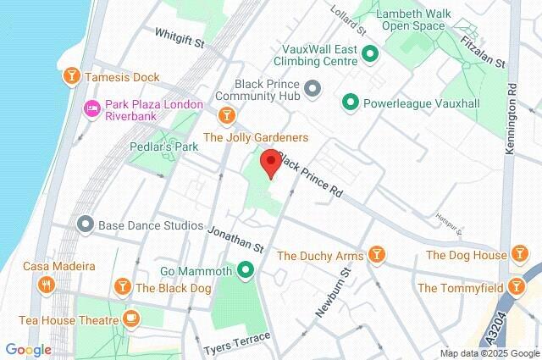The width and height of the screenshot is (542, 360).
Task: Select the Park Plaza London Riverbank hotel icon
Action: (92, 108)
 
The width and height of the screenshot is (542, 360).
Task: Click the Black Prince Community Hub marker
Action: (311, 88)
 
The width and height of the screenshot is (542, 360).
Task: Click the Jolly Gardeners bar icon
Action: (226, 114)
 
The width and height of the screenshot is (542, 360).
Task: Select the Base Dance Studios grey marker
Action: (84, 225)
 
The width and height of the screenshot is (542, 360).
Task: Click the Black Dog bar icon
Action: (123, 287)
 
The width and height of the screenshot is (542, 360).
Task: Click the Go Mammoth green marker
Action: (246, 271)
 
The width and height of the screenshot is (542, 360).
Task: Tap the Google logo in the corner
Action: (28, 349)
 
